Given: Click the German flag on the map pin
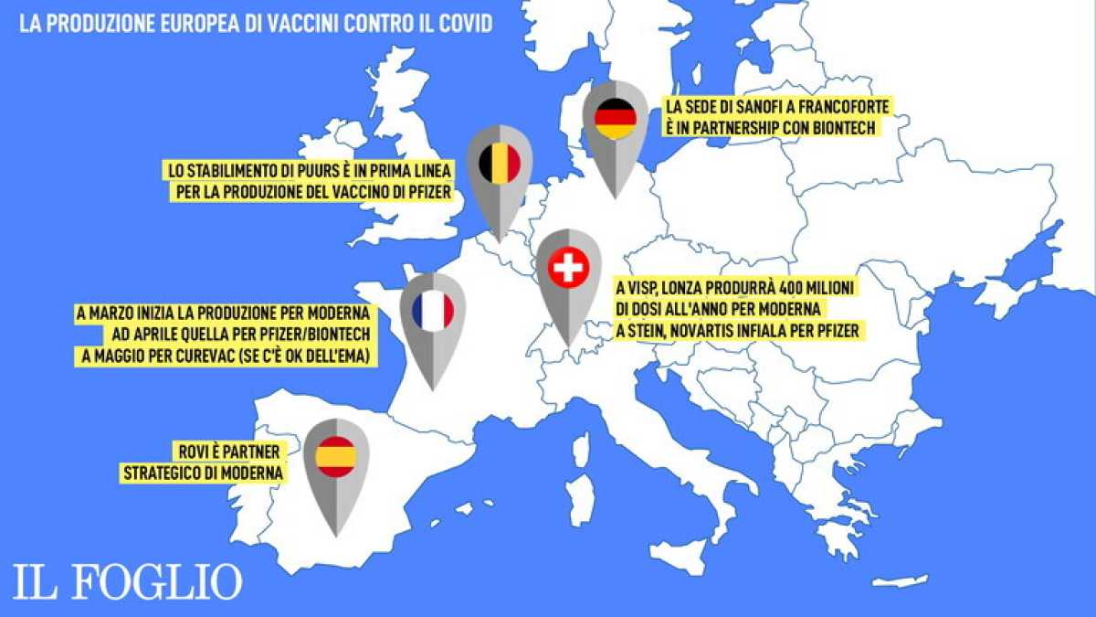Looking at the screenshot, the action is click(x=615, y=118).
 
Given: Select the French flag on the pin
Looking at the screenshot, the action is click(x=433, y=312).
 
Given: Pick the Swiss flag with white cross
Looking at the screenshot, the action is click(x=568, y=269).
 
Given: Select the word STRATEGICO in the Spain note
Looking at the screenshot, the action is click(x=164, y=473).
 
